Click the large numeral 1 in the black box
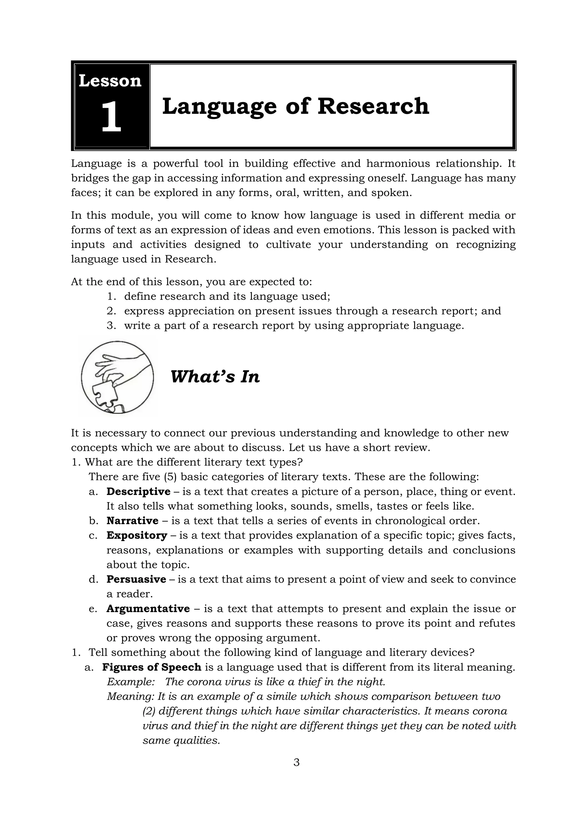pyautogui.click(x=111, y=117)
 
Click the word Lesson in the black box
pyautogui.click(x=110, y=81)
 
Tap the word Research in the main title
pyautogui.click(x=373, y=107)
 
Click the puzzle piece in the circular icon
pyautogui.click(x=105, y=394)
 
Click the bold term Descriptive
pyautogui.click(x=138, y=492)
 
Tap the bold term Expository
pyautogui.click(x=137, y=535)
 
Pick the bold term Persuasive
pyautogui.click(x=136, y=579)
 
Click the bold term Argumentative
pyautogui.click(x=148, y=609)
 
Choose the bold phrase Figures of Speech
pyautogui.click(x=151, y=667)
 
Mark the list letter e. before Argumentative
pyautogui.click(x=93, y=609)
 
